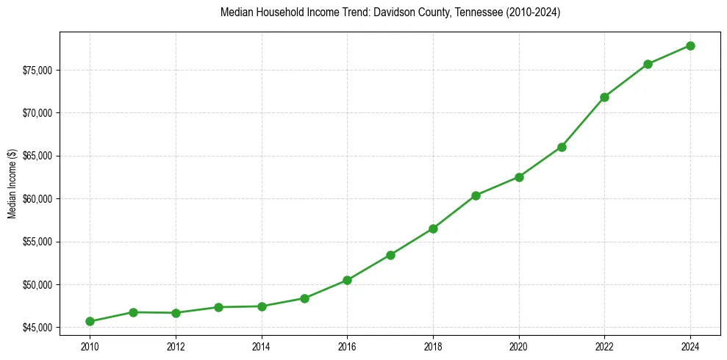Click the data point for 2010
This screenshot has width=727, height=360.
pos(90,321)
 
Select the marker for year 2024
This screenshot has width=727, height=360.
pos(690,46)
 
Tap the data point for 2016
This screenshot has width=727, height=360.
pos(347,280)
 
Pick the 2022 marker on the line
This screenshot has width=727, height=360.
pos(604,97)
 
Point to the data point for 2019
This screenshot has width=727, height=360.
pos(476,195)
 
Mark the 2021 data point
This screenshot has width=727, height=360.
pos(562,147)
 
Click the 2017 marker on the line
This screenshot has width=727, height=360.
pos(390,255)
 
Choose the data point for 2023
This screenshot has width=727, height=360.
pos(648,64)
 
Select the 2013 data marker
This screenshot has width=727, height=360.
pos(218,307)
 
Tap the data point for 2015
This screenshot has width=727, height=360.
pos(304,298)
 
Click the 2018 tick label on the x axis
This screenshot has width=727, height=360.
pos(433,345)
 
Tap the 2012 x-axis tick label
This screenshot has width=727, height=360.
pos(176,345)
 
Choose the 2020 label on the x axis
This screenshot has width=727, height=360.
pos(519,345)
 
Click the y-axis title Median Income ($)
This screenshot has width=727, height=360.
pos(12,184)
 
